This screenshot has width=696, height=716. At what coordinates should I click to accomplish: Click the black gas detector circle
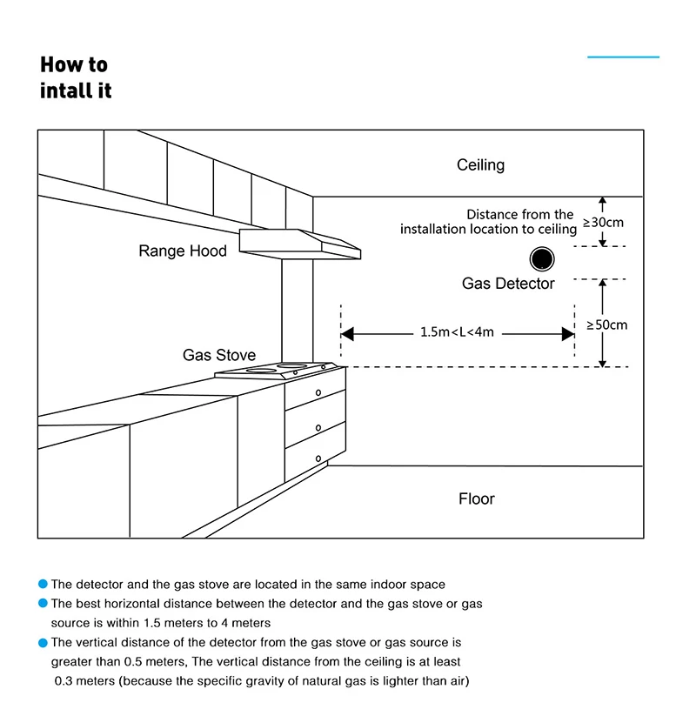(543, 258)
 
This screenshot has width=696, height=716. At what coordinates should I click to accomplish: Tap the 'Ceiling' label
(480, 165)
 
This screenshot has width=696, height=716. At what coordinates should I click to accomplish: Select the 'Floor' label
(476, 499)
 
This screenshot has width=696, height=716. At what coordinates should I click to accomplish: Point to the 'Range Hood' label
(183, 251)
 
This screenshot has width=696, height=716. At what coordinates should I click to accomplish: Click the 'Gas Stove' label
(219, 355)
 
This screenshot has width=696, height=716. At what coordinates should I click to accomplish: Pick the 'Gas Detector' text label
(508, 284)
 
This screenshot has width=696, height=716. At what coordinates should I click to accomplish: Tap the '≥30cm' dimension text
(605, 222)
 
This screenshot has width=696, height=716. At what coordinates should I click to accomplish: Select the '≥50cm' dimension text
(607, 325)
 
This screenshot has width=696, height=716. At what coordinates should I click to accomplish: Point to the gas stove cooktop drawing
(274, 370)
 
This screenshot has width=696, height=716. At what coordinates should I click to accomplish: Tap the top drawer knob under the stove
(319, 392)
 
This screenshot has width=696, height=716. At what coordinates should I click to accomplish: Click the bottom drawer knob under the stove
(319, 458)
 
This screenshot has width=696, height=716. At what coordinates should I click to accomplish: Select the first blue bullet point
(43, 585)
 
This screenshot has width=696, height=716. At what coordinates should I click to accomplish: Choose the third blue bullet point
(43, 643)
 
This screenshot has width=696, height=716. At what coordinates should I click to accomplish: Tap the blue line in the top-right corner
(623, 57)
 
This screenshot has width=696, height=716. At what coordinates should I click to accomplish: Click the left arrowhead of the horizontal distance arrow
(346, 333)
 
